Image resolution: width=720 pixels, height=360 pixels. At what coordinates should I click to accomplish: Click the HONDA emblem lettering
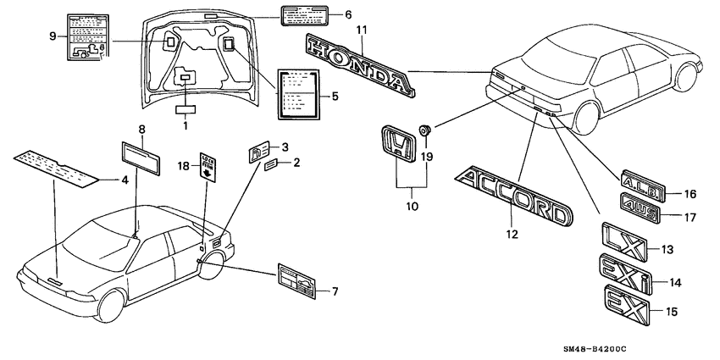[x=360, y=64]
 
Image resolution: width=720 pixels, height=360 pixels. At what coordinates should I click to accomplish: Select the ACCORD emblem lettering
[x=513, y=196]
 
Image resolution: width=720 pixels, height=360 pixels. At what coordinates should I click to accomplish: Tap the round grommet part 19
[x=426, y=130]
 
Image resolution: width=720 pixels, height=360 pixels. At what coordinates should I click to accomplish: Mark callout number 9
[x=53, y=36]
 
